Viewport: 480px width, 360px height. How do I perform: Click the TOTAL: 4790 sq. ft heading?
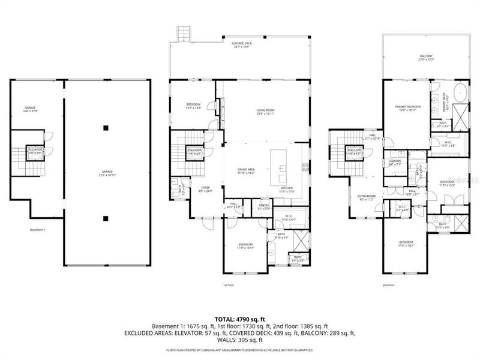[x=240, y=318]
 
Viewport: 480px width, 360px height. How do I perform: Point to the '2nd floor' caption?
[x=389, y=285]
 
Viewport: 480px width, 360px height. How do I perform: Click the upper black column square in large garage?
[x=106, y=127]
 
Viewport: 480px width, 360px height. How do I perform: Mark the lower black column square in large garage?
[x=106, y=218]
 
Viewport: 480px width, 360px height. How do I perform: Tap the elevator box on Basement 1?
[x=35, y=151]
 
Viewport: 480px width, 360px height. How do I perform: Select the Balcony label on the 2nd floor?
[x=425, y=58]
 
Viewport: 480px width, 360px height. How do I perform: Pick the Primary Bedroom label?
[x=407, y=109]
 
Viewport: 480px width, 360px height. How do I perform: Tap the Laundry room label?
[x=394, y=163]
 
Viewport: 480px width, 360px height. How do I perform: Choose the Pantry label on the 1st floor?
[x=265, y=207]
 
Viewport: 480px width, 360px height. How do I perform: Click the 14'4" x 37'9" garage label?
[x=30, y=109]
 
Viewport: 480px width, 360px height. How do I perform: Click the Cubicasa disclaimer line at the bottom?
[x=240, y=349]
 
